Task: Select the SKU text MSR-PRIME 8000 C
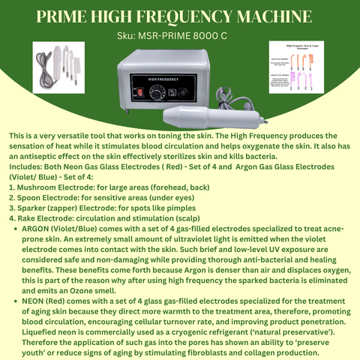197,35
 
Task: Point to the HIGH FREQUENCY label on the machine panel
176,75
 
